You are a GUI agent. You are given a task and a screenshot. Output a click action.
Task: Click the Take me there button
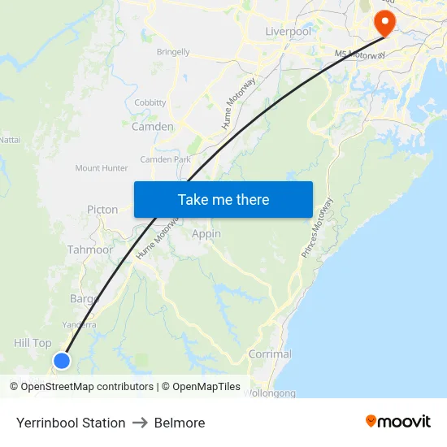tap(223, 199)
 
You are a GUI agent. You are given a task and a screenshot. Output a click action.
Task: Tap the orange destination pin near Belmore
tap(382, 22)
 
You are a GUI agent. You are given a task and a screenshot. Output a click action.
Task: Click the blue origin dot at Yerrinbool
tap(62, 360)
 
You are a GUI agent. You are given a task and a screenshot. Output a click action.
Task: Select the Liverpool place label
tap(288, 32)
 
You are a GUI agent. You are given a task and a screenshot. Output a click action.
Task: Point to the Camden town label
tap(152, 127)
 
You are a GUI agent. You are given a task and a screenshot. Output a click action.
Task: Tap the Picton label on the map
tap(102, 210)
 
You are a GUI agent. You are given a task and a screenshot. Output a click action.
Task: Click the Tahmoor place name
tap(90, 250)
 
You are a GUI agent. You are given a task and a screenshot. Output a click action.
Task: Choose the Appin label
tap(206, 234)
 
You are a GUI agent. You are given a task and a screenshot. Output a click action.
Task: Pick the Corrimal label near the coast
tap(270, 354)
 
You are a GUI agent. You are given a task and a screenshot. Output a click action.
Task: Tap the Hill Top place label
tap(33, 343)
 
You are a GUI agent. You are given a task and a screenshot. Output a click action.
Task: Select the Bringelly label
tap(173, 52)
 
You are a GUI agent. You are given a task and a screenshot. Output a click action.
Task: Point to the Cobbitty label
tap(150, 102)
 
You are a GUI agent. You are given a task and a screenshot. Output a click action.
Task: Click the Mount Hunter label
tap(102, 168)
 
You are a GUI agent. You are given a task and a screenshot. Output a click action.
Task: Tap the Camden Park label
tap(165, 159)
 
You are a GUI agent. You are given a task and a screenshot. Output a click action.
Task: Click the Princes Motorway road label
tap(317, 228)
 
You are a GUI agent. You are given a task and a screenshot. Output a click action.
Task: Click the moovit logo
tap(397, 422)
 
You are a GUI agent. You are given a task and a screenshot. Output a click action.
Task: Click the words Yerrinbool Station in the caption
tap(71, 423)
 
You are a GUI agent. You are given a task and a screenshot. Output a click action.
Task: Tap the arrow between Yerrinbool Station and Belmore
tap(140, 423)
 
